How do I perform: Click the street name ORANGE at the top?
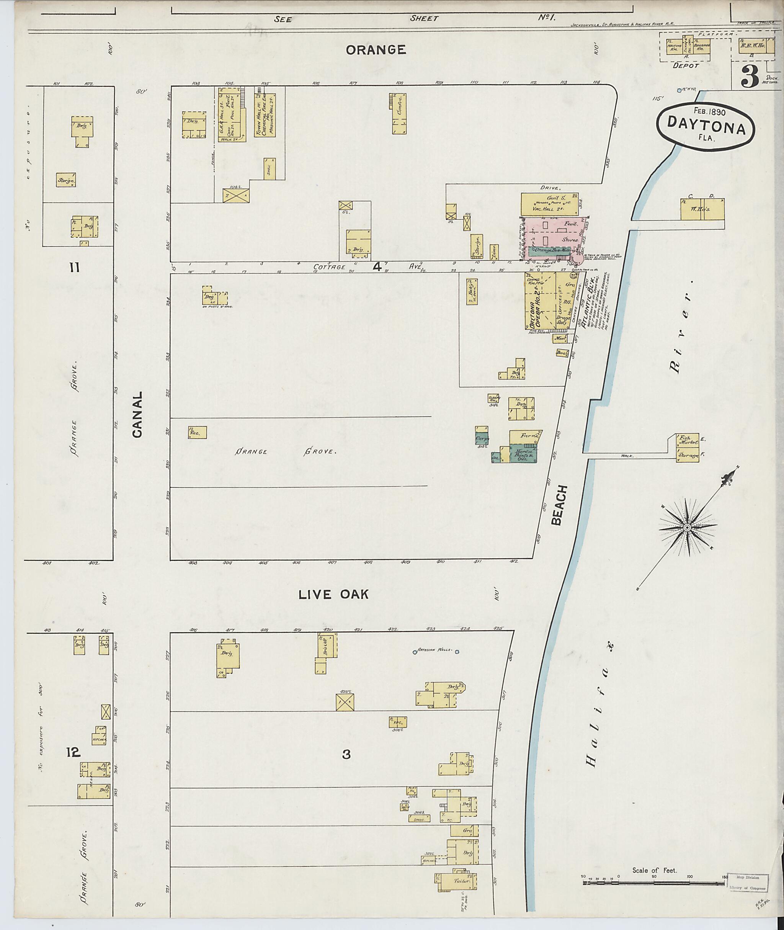tap(376, 50)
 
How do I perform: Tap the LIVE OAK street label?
tap(333, 594)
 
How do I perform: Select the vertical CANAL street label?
tap(137, 414)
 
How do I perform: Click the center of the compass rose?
tap(687, 527)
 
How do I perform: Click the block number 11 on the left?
tap(74, 267)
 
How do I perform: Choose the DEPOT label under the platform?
tap(686, 65)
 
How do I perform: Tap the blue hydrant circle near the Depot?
tap(679, 91)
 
